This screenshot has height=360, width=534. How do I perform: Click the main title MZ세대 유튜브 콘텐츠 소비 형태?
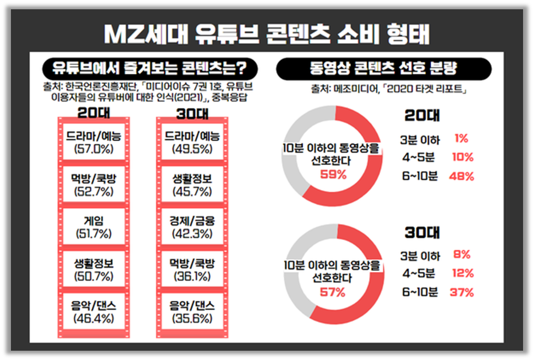pos(267,34)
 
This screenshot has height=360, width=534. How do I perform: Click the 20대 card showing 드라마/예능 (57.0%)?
pos(90,141)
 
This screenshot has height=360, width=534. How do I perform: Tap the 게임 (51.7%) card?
pos(90,227)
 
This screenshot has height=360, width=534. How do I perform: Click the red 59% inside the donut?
pos(333,175)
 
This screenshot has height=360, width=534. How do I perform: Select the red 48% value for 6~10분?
pos(462,176)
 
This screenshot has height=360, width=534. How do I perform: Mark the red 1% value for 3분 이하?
pos(460,139)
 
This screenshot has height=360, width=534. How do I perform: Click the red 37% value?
pos(462,292)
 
